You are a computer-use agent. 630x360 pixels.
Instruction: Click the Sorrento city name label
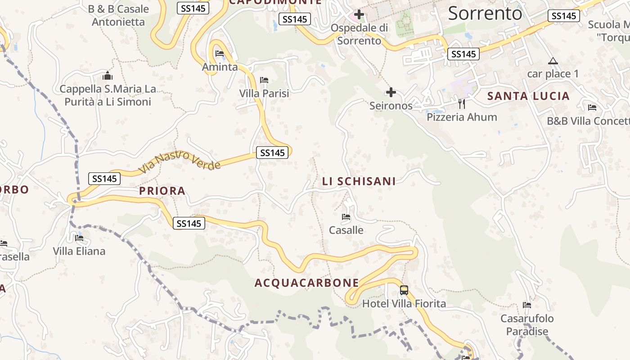pos(485,13)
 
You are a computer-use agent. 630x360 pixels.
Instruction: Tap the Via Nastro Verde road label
pos(180,162)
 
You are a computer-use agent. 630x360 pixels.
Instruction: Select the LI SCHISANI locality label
pos(359,181)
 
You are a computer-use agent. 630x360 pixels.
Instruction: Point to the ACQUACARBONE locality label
pos(307,283)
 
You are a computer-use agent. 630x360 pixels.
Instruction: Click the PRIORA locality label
pos(162,191)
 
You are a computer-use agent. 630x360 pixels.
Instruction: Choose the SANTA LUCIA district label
pos(528,96)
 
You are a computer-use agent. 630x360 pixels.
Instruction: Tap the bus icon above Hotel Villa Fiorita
pos(404,290)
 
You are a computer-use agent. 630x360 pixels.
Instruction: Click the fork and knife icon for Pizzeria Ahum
pos(461,104)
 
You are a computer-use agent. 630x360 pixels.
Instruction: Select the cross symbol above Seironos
pos(391,93)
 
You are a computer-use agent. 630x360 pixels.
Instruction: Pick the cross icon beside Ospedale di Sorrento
pos(359,15)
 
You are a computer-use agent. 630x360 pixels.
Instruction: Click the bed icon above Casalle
pos(346,217)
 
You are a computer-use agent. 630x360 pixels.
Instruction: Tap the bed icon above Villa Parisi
pos(264,80)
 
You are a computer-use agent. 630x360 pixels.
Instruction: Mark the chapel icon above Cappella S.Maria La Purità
pos(108,76)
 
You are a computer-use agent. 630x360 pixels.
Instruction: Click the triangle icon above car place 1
pos(553,61)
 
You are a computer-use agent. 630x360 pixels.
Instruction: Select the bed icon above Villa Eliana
pos(79,238)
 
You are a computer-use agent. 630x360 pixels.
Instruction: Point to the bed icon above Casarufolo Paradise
pos(527,305)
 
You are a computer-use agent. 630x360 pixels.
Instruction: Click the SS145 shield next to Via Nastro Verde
pos(272,153)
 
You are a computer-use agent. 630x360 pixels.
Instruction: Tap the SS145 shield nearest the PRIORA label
pos(189,223)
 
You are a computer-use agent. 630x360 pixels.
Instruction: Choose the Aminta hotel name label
pos(220,67)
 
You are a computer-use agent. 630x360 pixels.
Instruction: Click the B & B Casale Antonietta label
pos(118,15)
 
